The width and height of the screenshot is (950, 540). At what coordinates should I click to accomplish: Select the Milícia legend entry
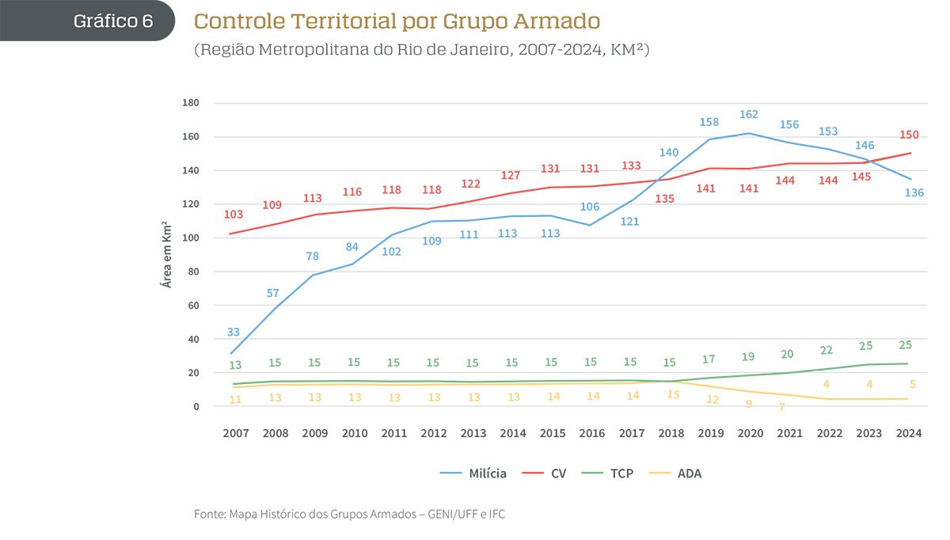(x=473, y=473)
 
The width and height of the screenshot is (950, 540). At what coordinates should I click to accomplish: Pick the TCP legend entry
(x=611, y=473)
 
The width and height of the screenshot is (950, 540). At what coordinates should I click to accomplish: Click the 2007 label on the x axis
(x=235, y=433)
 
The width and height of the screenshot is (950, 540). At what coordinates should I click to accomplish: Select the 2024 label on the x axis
(x=909, y=433)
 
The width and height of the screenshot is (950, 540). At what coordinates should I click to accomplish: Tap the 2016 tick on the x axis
(x=591, y=433)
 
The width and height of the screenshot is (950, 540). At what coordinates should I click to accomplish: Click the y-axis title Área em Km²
(x=166, y=254)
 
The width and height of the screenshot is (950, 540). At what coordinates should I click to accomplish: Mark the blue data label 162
(x=749, y=115)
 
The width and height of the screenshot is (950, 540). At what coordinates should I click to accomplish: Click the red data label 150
(x=908, y=135)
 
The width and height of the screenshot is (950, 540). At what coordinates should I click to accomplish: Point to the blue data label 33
(x=234, y=332)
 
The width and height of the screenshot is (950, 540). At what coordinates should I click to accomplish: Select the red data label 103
(x=234, y=215)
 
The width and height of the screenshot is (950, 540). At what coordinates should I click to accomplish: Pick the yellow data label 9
(x=749, y=403)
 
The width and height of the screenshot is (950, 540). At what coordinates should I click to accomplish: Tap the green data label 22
(x=827, y=350)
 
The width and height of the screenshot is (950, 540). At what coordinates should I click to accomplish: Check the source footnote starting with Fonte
(x=349, y=514)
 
